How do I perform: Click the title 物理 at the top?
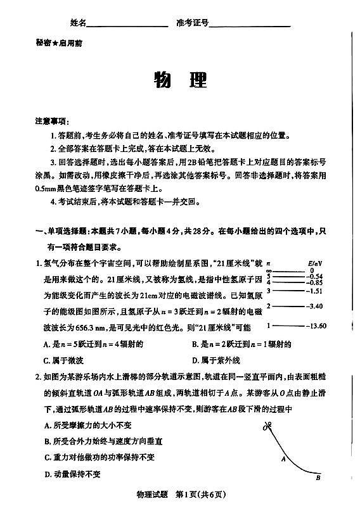[180, 80]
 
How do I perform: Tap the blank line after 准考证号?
[250, 25]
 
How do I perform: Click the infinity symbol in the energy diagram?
[269, 270]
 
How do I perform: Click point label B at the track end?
[318, 478]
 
